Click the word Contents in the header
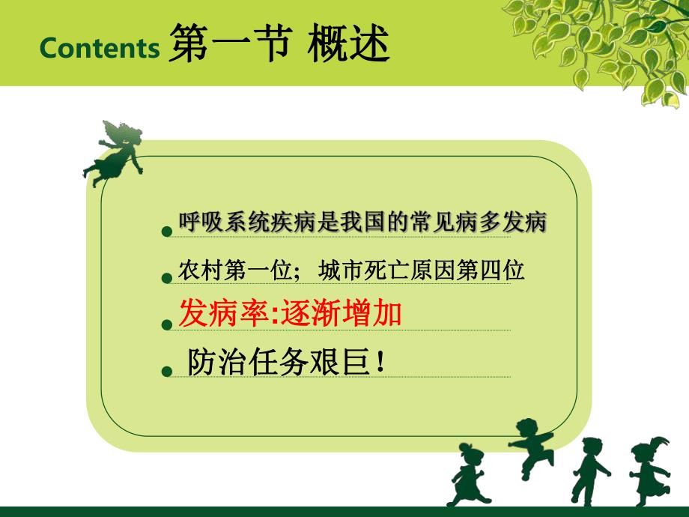click(100, 49)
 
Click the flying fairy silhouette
click(114, 151)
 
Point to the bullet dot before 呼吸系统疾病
click(167, 232)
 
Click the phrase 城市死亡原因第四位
click(421, 270)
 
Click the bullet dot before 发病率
click(167, 324)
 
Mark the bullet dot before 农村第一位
click(167, 278)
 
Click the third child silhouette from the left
click(590, 470)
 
